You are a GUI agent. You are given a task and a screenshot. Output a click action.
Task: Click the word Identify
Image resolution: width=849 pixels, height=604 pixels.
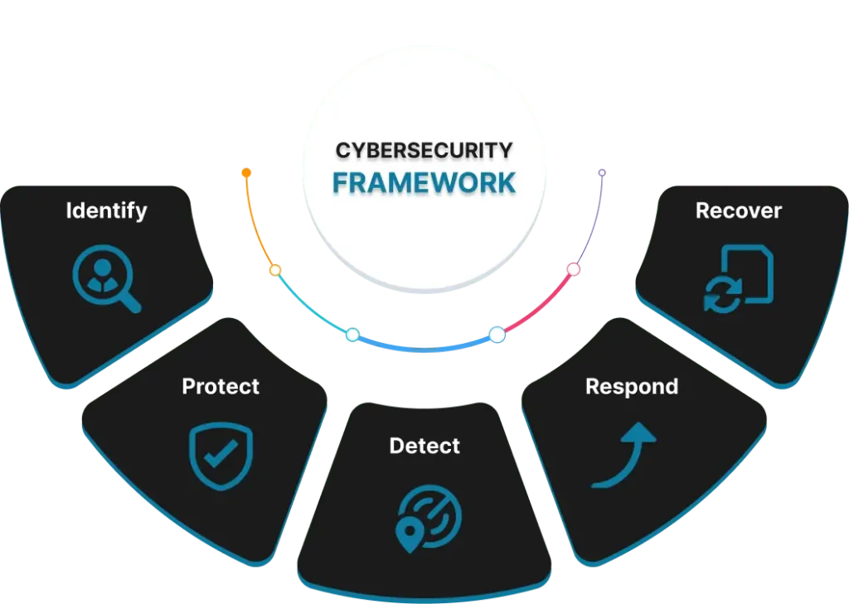(x=106, y=210)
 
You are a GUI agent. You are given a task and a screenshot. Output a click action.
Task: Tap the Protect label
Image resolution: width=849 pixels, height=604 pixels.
(x=221, y=386)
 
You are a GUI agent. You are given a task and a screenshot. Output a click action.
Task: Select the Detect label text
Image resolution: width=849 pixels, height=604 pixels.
(x=424, y=446)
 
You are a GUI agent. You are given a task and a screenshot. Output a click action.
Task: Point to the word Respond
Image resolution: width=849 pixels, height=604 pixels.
(x=632, y=386)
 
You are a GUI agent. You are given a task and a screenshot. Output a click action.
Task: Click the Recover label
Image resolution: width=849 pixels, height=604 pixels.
(x=739, y=210)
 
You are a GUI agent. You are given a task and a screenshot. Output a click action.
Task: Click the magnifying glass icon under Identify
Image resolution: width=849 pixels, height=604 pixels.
(x=106, y=281)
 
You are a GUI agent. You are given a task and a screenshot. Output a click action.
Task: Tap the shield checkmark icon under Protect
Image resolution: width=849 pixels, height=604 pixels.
(x=221, y=455)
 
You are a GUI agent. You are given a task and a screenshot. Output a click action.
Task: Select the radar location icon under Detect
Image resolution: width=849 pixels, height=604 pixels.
(x=428, y=518)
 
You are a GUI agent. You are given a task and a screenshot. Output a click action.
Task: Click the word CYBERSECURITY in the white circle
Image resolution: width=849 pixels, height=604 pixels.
(x=424, y=150)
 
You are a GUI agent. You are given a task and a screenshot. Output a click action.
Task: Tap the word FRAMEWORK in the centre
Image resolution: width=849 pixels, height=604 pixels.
(x=424, y=182)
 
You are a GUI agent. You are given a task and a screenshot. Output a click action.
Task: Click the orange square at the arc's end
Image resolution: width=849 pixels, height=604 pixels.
(x=245, y=174)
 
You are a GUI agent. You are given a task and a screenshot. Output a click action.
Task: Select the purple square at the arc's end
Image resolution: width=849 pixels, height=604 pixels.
(x=603, y=172)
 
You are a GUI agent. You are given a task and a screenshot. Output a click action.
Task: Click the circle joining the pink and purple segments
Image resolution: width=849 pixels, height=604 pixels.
(x=573, y=269)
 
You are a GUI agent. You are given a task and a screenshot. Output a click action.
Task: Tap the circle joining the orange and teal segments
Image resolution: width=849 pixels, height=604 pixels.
(x=274, y=270)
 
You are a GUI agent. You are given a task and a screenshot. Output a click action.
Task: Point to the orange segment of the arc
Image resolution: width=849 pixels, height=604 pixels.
(x=254, y=228)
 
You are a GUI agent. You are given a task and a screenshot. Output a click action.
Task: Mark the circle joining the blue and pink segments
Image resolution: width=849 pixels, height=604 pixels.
(x=497, y=335)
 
